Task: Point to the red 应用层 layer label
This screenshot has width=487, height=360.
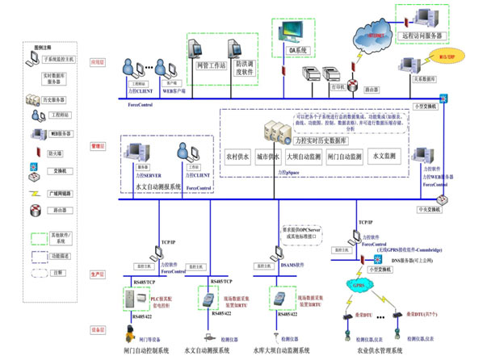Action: (96, 61)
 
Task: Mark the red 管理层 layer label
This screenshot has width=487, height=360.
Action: (96, 146)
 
